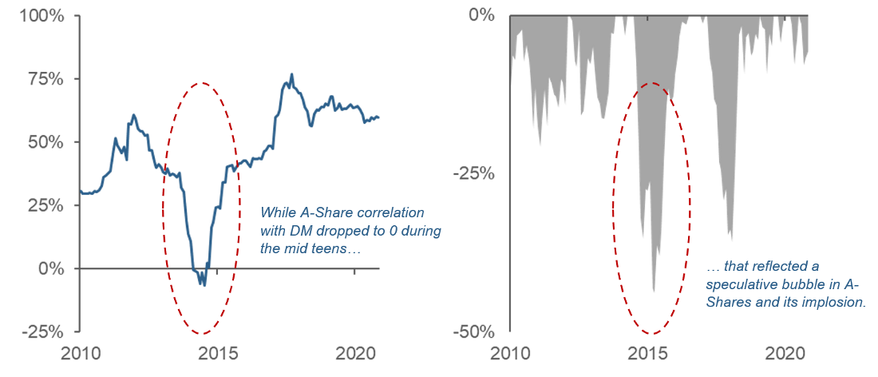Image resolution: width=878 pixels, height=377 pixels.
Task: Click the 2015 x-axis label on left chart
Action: pos(217,353)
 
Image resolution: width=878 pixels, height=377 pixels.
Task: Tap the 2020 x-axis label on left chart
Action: pos(355,353)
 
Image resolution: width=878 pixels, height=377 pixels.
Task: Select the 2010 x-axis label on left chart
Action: pos(80,353)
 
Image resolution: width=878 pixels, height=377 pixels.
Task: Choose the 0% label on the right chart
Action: pos(483,15)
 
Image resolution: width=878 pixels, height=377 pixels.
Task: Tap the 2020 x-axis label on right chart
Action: pos(787,353)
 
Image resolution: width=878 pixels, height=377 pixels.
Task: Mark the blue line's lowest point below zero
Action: pos(204,285)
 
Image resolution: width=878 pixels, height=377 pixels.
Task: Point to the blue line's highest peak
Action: pos(291,74)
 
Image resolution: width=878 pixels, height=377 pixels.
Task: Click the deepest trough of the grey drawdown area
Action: pos(654,292)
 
